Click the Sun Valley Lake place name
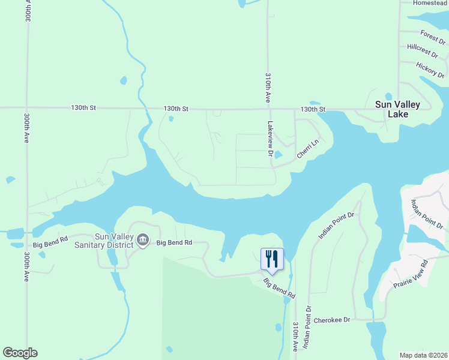pyautogui.click(x=397, y=109)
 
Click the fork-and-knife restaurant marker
pyautogui.click(x=272, y=259)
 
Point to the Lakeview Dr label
pyautogui.click(x=271, y=140)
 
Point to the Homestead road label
pyautogui.click(x=430, y=3)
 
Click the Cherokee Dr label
pyautogui.click(x=331, y=320)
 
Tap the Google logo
pyautogui.click(x=20, y=353)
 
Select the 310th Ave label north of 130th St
pyautogui.click(x=268, y=88)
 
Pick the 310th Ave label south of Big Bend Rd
pyautogui.click(x=295, y=337)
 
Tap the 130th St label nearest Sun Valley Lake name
pyautogui.click(x=313, y=109)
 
